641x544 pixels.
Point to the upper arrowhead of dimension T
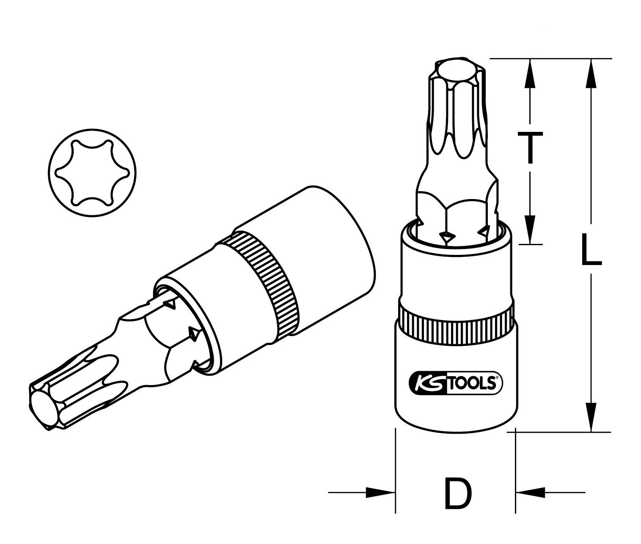click(x=529, y=72)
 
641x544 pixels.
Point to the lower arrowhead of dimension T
click(x=529, y=230)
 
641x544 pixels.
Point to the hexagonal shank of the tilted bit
click(x=169, y=338)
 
